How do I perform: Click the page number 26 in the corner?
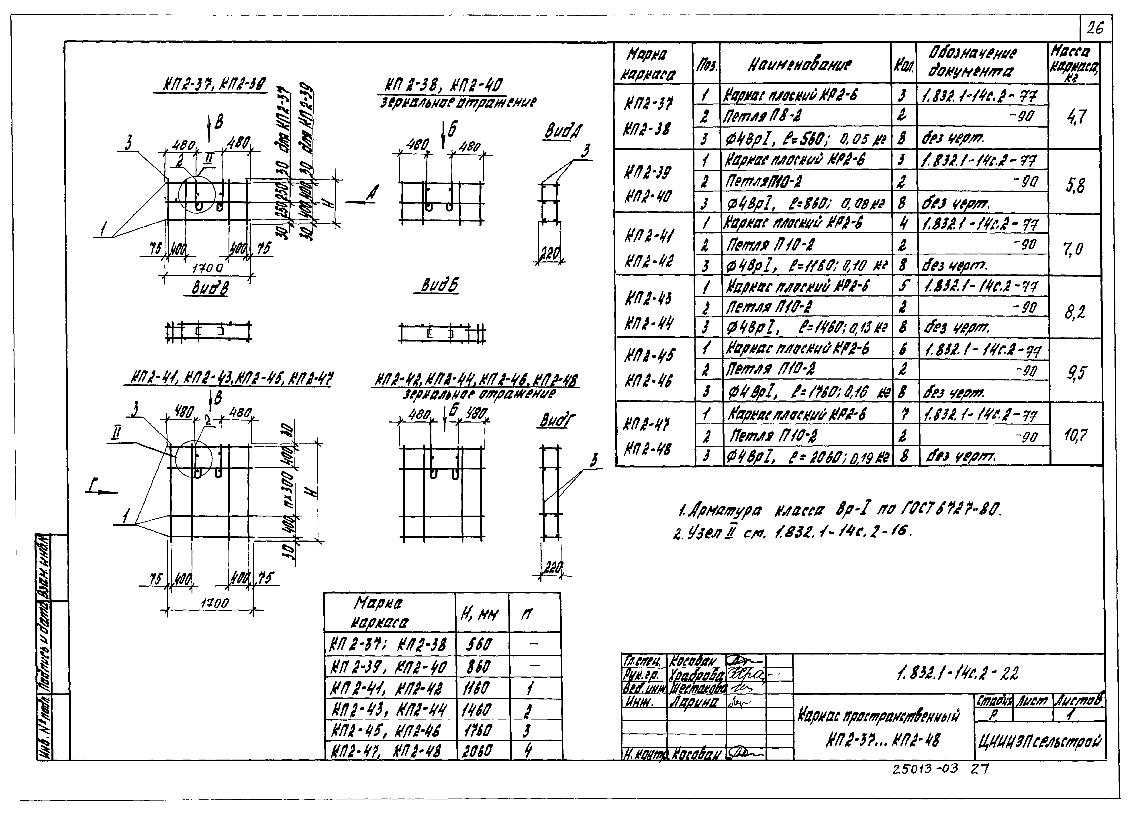click(x=1095, y=29)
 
